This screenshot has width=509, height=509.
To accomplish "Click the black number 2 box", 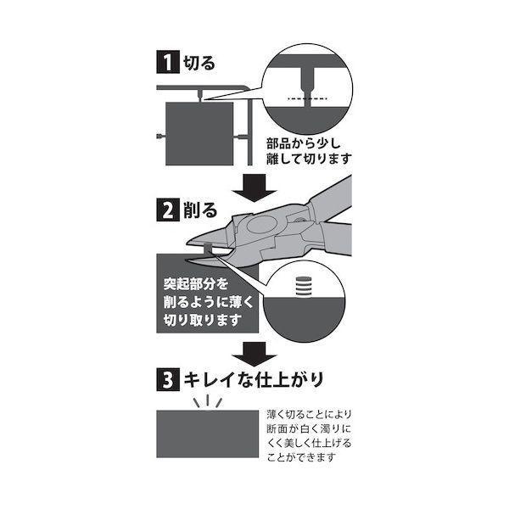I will pyautogui.click(x=165, y=209).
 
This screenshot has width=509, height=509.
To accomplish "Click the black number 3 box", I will pyautogui.click(x=165, y=374).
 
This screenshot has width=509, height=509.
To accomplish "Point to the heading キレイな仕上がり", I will pyautogui.click(x=255, y=374).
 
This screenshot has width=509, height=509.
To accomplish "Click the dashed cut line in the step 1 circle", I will pyautogui.click(x=306, y=101).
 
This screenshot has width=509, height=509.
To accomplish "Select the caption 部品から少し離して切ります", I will pyautogui.click(x=307, y=151).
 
